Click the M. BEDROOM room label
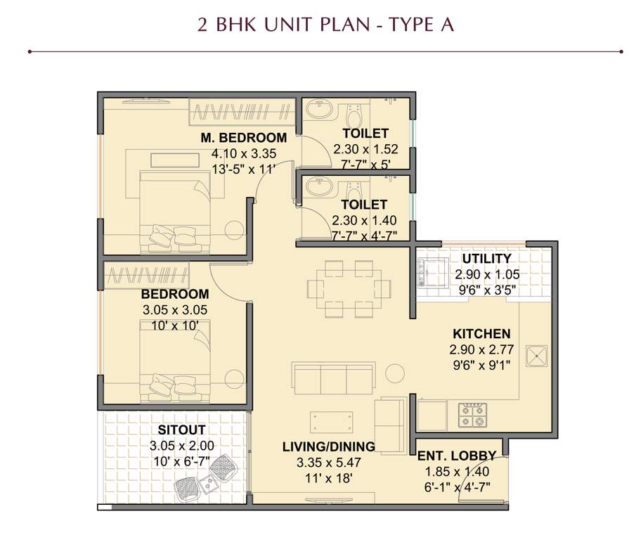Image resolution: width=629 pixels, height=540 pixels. pos(243,138)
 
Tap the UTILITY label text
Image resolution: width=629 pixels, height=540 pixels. pos(486,259)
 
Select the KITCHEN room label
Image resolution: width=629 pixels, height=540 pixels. pos(481,333)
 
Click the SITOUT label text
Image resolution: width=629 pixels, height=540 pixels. pos(181,430)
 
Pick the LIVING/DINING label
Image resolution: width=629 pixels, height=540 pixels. pos(328,446)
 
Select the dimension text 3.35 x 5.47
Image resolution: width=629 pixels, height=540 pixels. pos(328,462)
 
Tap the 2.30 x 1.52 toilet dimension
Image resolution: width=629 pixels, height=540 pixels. pos(365,149)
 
